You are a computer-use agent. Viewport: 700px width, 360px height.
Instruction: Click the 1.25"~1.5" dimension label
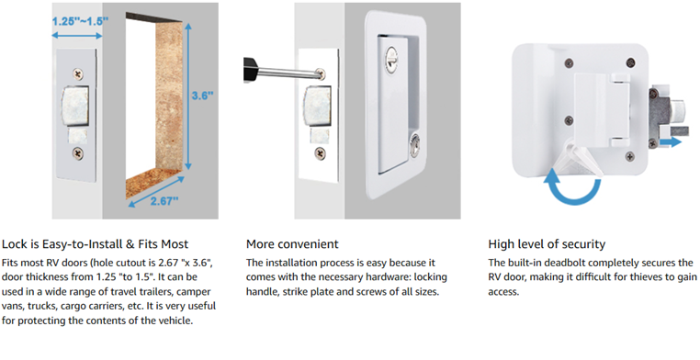pos(80,21)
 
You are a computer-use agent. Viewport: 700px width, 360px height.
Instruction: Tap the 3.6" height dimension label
pos(202,96)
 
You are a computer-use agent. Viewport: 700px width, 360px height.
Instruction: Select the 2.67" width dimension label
pos(164,201)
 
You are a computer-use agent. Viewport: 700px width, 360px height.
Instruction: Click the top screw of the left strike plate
pos(79,73)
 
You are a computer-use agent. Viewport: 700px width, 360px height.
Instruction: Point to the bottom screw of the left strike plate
pos(78,154)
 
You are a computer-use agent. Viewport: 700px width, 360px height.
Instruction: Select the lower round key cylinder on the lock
pos(415,144)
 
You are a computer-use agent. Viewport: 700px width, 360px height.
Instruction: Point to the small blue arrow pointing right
pos(671,142)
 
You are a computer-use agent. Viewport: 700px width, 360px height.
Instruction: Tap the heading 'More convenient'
pos(292,244)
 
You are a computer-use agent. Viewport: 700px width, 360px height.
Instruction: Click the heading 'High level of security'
pos(547,244)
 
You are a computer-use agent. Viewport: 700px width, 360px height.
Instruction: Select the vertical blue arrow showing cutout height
pos(188,96)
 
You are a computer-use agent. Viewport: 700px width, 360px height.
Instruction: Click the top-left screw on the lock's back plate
pos(568,62)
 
